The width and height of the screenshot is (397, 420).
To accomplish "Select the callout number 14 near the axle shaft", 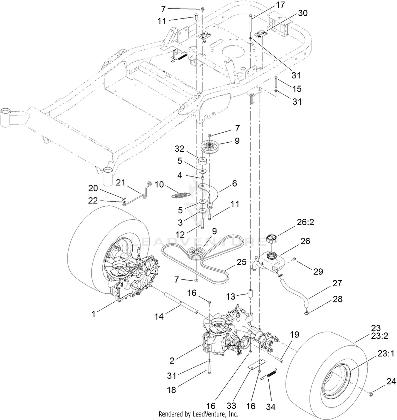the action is (159, 316).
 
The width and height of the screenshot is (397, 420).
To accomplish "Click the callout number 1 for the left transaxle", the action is (93, 314).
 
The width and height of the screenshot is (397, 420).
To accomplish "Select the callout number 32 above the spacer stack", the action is (180, 149).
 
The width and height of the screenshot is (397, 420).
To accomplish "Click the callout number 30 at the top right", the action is (303, 13).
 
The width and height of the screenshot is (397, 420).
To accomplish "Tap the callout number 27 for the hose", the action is (337, 283).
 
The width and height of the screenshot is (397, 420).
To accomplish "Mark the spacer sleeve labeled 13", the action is (250, 293).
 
